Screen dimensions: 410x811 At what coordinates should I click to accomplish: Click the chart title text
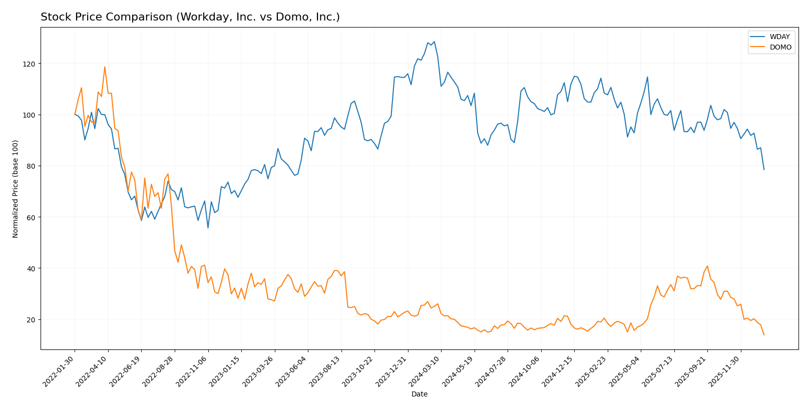tap(190, 18)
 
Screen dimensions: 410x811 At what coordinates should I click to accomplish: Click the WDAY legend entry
tap(779, 37)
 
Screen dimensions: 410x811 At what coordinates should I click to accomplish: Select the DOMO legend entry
tap(780, 48)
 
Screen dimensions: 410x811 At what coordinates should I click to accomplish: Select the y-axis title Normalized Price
tap(16, 189)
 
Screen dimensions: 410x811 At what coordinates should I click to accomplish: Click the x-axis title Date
tap(419, 394)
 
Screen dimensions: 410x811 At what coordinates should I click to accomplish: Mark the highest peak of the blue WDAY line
tap(434, 42)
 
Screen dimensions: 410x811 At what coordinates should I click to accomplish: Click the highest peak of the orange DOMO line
tap(105, 67)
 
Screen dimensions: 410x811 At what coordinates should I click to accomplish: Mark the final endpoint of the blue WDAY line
tap(764, 170)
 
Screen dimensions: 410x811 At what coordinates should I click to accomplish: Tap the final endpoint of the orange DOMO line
tap(764, 335)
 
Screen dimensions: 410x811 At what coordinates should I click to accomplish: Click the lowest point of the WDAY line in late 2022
tap(208, 228)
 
